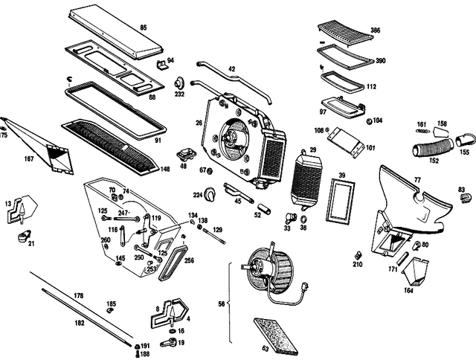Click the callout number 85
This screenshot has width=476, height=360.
pyautogui.click(x=143, y=28)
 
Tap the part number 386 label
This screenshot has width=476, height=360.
pyautogui.click(x=376, y=32)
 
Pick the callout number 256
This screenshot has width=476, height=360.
pyautogui.click(x=189, y=260)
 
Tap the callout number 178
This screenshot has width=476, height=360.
pyautogui.click(x=78, y=296)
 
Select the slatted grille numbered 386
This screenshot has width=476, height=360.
pyautogui.click(x=344, y=32)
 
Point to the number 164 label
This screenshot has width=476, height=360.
pyautogui.click(x=410, y=290)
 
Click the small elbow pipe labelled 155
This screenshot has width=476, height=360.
pyautogui.click(x=466, y=138)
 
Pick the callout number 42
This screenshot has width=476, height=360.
pyautogui.click(x=231, y=69)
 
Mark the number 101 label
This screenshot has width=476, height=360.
pyautogui.click(x=370, y=147)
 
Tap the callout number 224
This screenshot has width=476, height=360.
pyautogui.click(x=198, y=195)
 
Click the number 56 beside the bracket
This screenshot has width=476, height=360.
pyautogui.click(x=220, y=303)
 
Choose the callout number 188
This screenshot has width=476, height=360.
pyautogui.click(x=145, y=354)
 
